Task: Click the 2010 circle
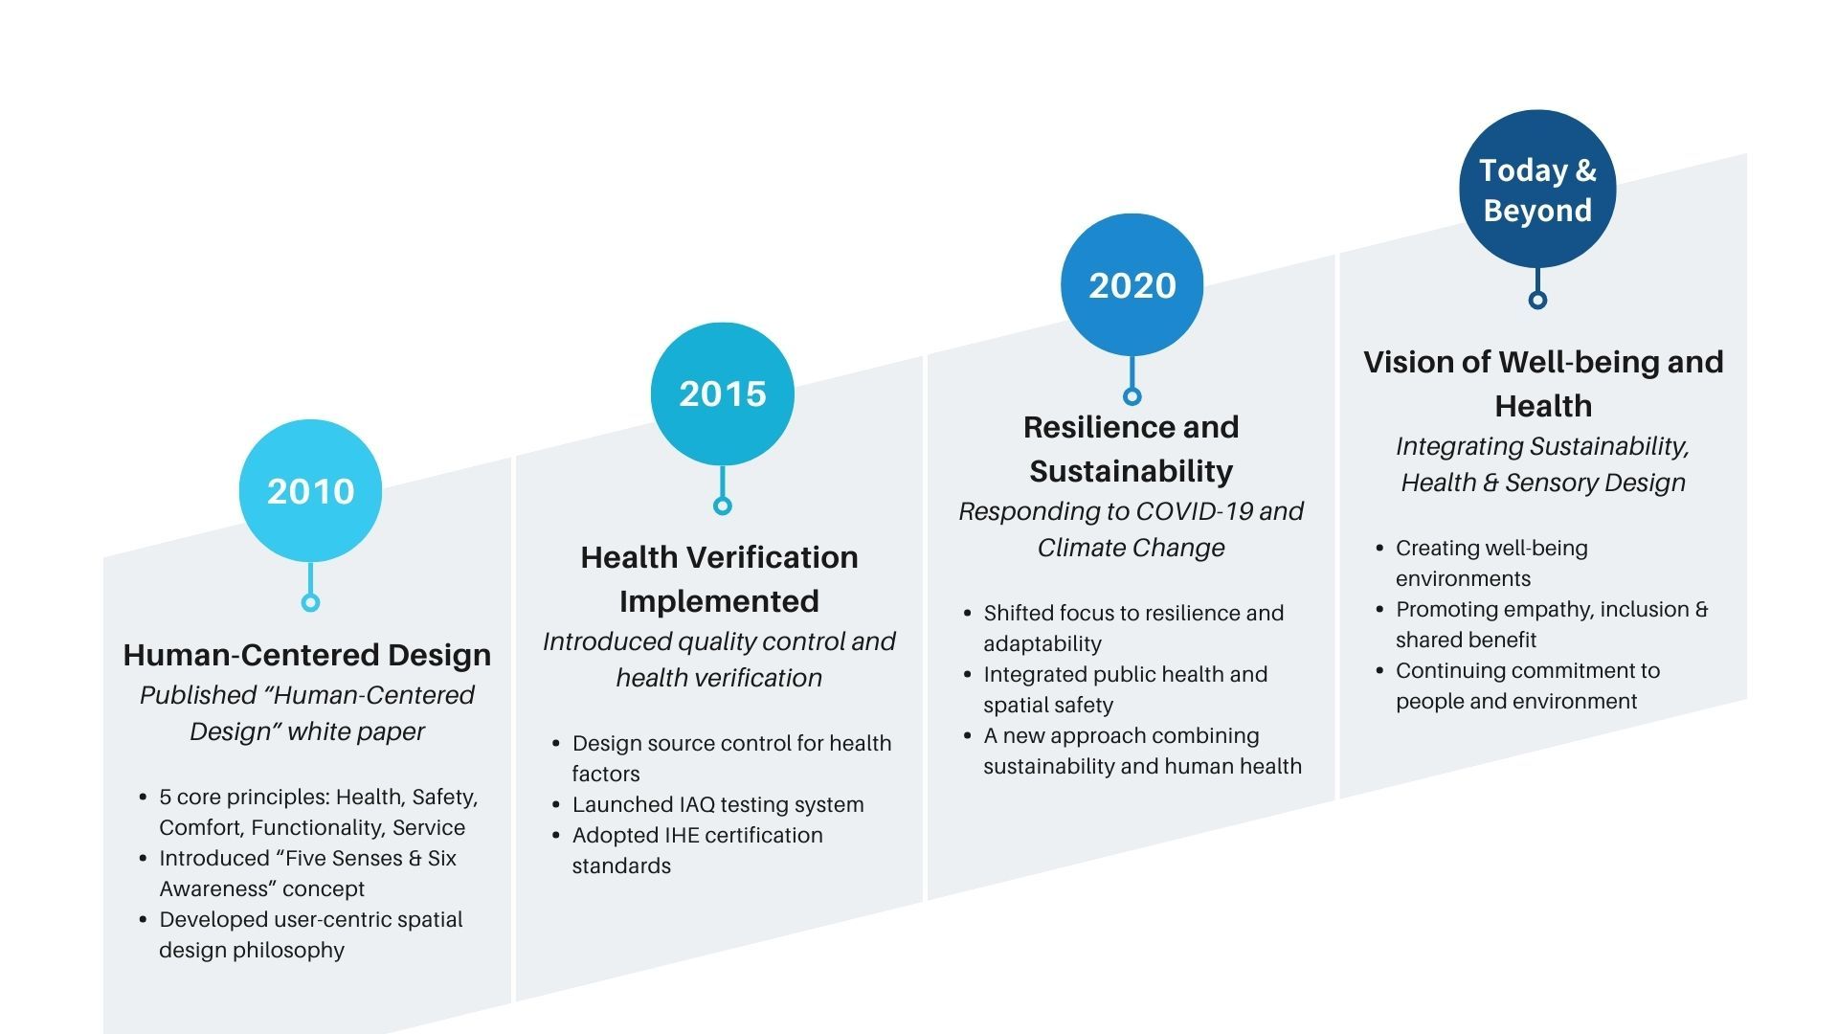pyautogui.click(x=310, y=490)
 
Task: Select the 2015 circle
pyautogui.click(x=723, y=393)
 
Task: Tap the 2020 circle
pyautogui.click(x=1132, y=284)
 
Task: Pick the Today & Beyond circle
pyautogui.click(x=1537, y=189)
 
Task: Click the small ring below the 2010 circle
pyautogui.click(x=310, y=602)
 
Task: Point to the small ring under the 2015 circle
pyautogui.click(x=723, y=506)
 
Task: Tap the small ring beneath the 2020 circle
pyautogui.click(x=1132, y=396)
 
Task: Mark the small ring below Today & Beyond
pyautogui.click(x=1537, y=300)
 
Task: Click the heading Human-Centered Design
pyautogui.click(x=307, y=655)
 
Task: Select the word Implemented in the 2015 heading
pyautogui.click(x=719, y=601)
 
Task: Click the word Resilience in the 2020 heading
pyautogui.click(x=1091, y=427)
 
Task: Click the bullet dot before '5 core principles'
pyautogui.click(x=143, y=797)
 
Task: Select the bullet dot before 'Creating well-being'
pyautogui.click(x=1379, y=549)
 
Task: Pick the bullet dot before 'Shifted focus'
pyautogui.click(x=967, y=613)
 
